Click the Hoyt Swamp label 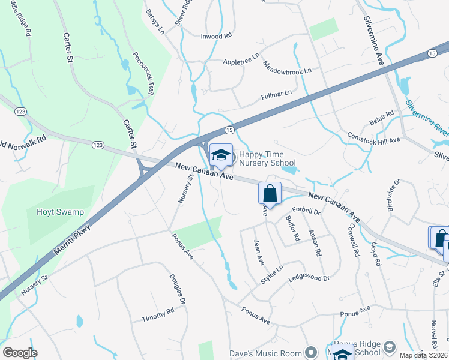60,212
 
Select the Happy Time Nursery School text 267,158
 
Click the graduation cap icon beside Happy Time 221,155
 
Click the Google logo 20,353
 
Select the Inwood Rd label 215,36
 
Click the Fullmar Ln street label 276,94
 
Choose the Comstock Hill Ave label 373,137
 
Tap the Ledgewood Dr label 309,278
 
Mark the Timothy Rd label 157,314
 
